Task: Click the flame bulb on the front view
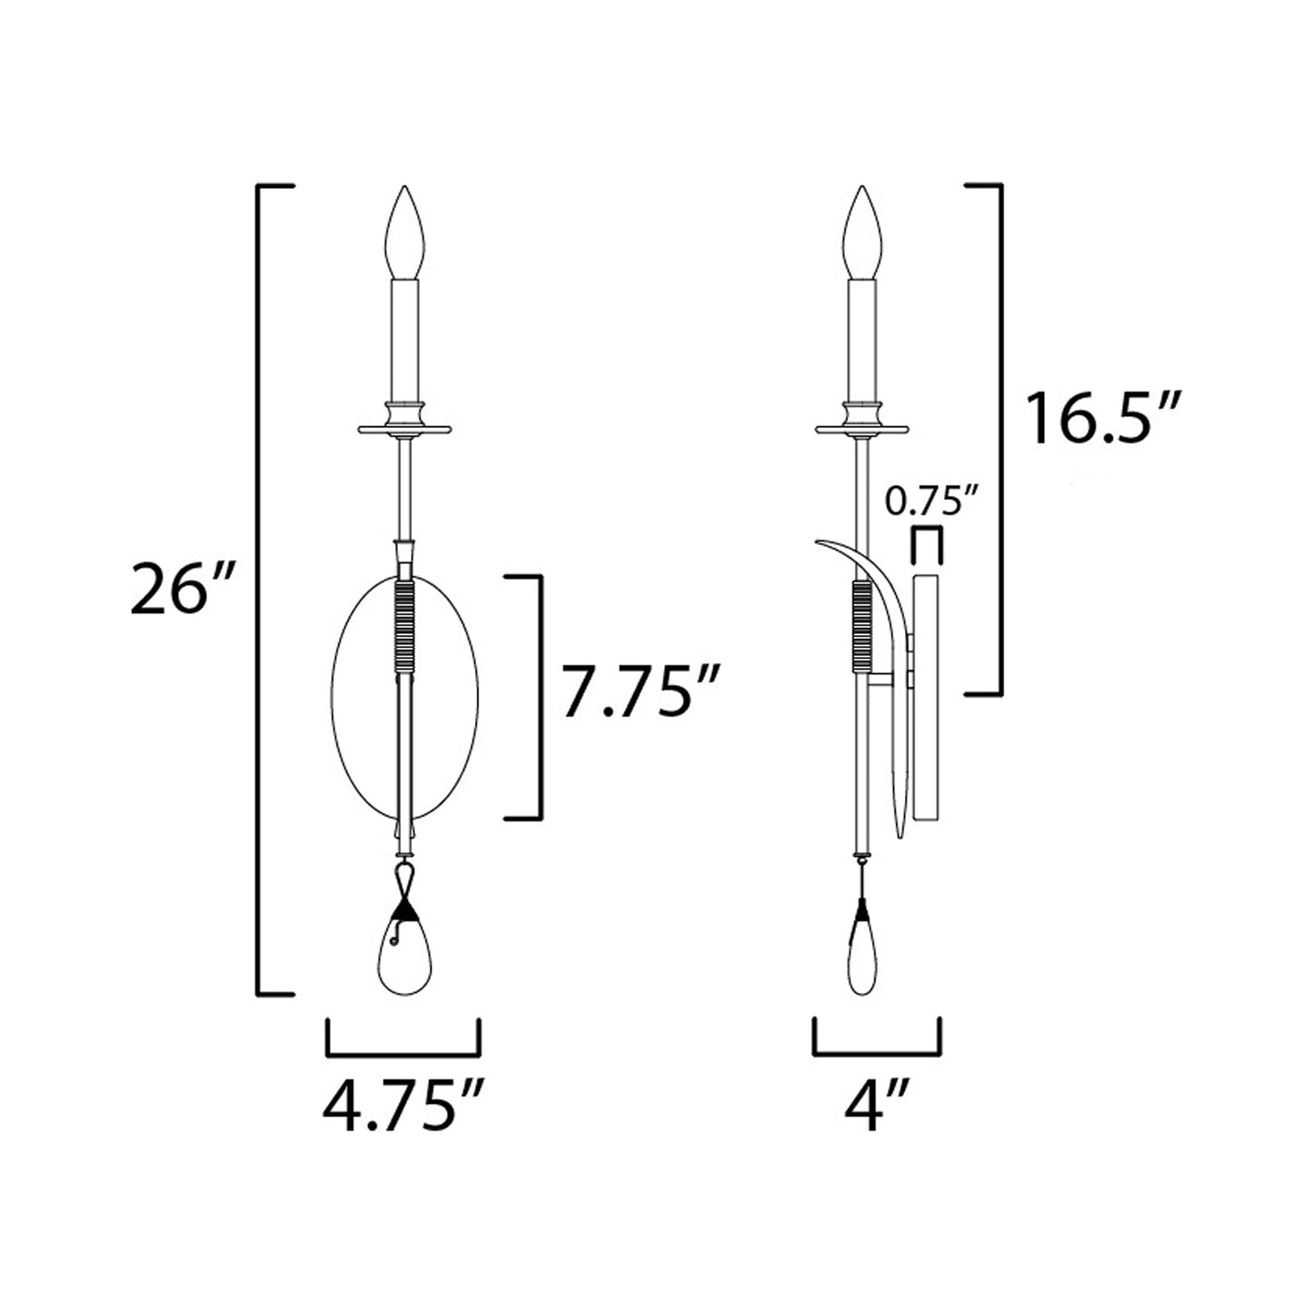(x=404, y=232)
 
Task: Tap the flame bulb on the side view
(x=862, y=232)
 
